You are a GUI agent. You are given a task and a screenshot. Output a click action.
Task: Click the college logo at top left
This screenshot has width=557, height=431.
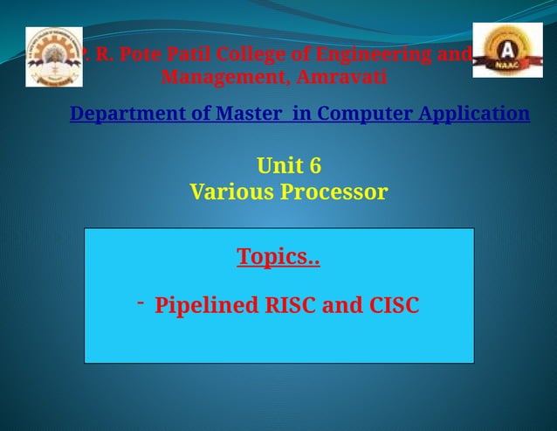point(54,57)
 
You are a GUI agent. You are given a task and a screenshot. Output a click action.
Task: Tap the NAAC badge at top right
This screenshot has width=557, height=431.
point(507,51)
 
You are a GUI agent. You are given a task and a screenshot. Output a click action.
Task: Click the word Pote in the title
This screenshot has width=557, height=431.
point(141,55)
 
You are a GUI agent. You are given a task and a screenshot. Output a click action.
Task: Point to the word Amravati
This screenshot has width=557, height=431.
point(341,78)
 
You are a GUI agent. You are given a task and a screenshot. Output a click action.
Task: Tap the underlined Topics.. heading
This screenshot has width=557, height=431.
point(278,257)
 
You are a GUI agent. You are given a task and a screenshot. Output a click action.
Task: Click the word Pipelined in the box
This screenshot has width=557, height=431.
point(207,306)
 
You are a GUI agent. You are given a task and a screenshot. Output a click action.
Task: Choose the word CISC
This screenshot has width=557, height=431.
point(391,306)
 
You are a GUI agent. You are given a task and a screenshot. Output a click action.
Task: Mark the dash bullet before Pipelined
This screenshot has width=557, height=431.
point(139,302)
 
